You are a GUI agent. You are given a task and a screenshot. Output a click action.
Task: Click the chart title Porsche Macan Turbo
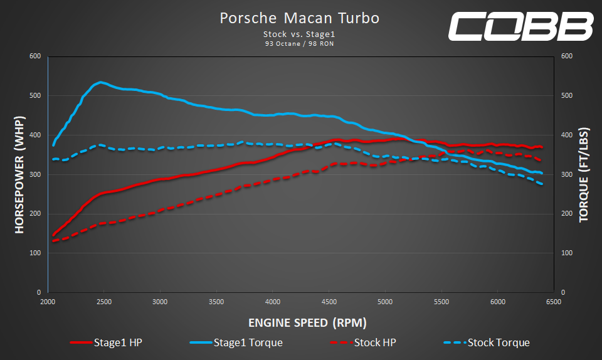pos(299,18)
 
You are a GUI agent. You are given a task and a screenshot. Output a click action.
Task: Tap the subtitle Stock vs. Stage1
pos(299,35)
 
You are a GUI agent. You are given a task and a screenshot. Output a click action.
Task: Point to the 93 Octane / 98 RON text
pos(299,44)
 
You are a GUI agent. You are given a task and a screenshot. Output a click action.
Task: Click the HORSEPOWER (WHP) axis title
pos(19,174)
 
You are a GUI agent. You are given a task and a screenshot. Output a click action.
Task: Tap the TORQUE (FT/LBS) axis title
pos(583,174)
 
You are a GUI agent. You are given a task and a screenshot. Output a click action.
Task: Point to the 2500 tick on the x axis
pos(104,302)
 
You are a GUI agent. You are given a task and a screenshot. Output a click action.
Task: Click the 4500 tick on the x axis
pos(329,302)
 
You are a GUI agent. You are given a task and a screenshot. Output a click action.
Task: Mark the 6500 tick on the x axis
pos(553,302)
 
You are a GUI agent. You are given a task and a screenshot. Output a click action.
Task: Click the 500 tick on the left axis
pos(35,96)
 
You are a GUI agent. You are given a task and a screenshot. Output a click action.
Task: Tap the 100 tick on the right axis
pos(567,253)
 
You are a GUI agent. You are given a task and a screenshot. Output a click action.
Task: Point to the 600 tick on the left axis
pos(35,56)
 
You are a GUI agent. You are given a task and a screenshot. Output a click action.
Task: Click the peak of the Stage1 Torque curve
pos(100,82)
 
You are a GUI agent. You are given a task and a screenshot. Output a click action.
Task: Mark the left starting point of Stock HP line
pos(53,241)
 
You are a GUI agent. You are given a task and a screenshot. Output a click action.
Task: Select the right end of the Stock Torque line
pos(542,184)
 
